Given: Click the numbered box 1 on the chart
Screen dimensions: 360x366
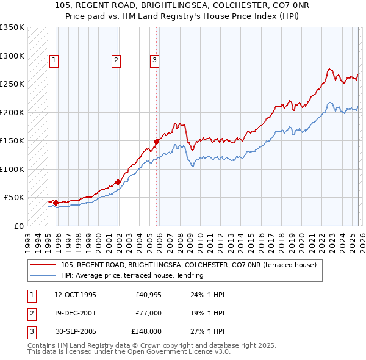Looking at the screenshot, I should tap(54, 60).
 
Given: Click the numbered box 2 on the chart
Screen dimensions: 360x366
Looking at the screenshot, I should tap(115, 60).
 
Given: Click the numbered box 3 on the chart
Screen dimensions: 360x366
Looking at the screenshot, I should tap(154, 60).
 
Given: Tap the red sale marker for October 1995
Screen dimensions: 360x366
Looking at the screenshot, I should tap(56, 203).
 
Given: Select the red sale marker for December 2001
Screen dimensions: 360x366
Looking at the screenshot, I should tap(118, 182).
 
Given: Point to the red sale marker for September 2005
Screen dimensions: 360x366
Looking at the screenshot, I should tap(156, 142).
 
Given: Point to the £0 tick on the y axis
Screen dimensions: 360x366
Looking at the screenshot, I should tap(18, 226).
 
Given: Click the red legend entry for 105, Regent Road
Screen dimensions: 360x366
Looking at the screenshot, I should tap(188, 265).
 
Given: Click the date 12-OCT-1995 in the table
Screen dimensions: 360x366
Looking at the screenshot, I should tap(75, 295).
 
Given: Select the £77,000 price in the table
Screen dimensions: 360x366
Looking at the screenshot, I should tap(148, 313).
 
